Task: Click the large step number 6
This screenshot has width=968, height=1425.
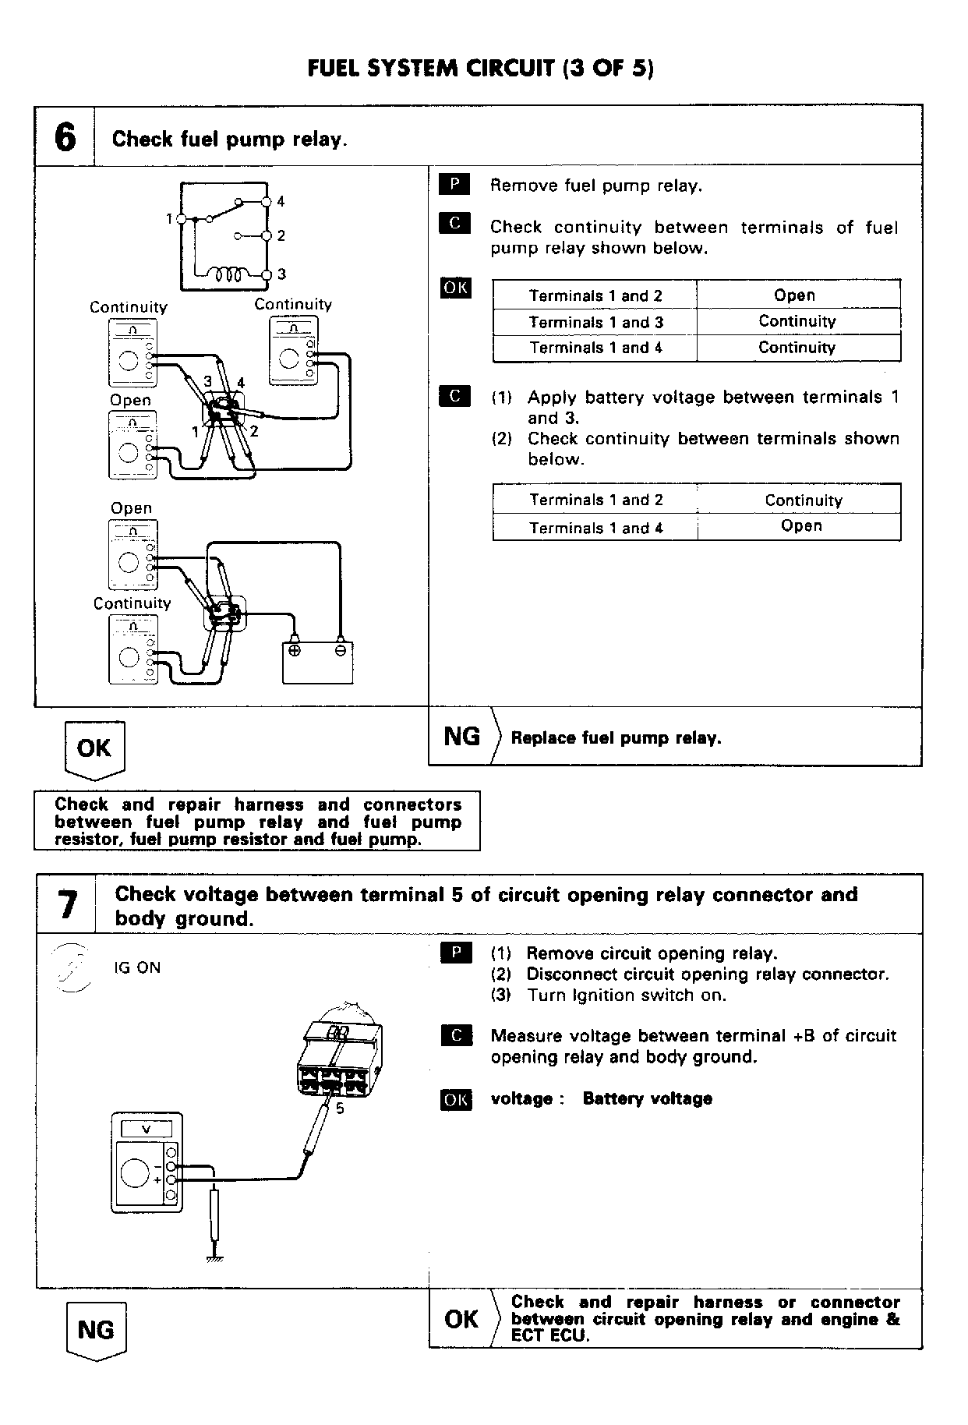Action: click(x=65, y=137)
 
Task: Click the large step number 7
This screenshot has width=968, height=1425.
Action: click(x=67, y=905)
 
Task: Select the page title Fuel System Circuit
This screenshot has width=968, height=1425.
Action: click(x=481, y=68)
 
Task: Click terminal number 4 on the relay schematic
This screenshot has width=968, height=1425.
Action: click(x=281, y=201)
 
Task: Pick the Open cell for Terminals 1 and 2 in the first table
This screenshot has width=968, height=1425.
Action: click(x=794, y=295)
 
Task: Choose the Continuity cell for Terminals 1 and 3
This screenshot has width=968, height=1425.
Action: click(x=797, y=321)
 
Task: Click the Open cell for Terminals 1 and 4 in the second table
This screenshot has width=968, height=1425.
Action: click(x=801, y=526)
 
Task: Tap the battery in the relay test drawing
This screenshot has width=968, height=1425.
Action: click(x=317, y=662)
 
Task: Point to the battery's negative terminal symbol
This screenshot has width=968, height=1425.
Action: click(x=340, y=650)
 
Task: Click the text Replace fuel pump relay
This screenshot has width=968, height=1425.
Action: click(x=616, y=737)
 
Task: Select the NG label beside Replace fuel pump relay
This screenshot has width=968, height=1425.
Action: click(x=461, y=736)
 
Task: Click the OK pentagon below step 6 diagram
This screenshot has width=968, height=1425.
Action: click(x=94, y=749)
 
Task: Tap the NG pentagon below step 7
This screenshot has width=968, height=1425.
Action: click(x=96, y=1330)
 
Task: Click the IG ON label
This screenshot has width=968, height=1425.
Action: click(x=137, y=967)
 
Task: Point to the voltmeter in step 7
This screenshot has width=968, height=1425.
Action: click(x=147, y=1162)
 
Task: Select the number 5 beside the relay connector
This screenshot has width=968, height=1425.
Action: click(x=340, y=1108)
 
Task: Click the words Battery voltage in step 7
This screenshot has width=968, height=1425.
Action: click(x=647, y=1098)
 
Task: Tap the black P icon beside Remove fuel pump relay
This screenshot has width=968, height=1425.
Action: click(x=454, y=185)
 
